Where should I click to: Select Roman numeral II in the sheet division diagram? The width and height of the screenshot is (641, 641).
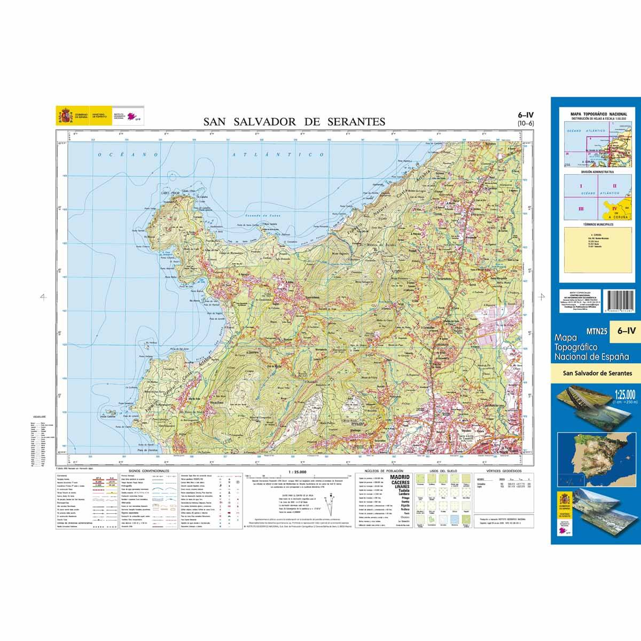tap(614, 185)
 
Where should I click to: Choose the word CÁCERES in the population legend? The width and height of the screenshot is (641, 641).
tap(400, 482)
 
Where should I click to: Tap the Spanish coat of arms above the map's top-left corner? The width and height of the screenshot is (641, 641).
tap(64, 115)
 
